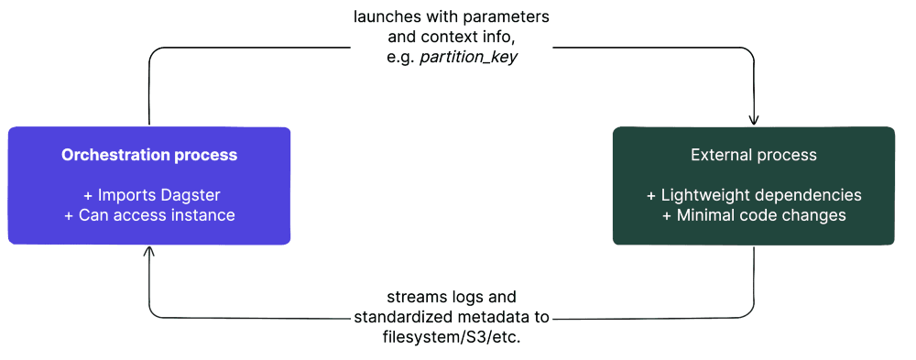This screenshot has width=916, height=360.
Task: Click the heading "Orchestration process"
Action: click(x=149, y=155)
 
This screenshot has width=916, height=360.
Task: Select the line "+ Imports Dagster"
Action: click(x=149, y=195)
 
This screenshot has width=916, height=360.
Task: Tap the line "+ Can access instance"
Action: click(x=149, y=215)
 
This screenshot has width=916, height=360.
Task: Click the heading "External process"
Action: click(x=753, y=155)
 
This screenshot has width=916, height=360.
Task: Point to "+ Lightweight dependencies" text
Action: click(x=753, y=195)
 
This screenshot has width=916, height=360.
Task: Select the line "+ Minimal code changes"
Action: click(x=753, y=215)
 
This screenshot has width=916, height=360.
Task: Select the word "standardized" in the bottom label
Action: click(x=397, y=317)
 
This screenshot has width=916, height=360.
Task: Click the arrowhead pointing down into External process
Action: click(x=754, y=120)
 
